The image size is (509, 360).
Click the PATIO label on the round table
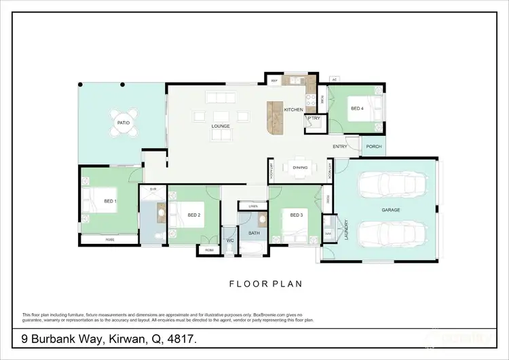coord(123,123)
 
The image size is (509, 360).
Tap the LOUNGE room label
coord(221,126)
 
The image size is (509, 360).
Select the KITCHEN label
coord(293,109)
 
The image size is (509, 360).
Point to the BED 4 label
coord(357,109)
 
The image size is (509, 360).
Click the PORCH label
coord(373,147)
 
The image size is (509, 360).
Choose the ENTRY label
coord(340,147)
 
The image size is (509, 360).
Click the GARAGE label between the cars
coord(390,210)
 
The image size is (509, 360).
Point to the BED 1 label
coord(110,202)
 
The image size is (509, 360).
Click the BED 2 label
coord(194,215)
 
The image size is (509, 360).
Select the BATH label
coord(254,233)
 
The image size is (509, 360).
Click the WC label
coord(229,240)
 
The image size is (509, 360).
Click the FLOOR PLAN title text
coord(265,284)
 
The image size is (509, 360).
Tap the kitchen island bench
coord(275,118)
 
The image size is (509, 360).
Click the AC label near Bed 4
coord(334,79)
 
